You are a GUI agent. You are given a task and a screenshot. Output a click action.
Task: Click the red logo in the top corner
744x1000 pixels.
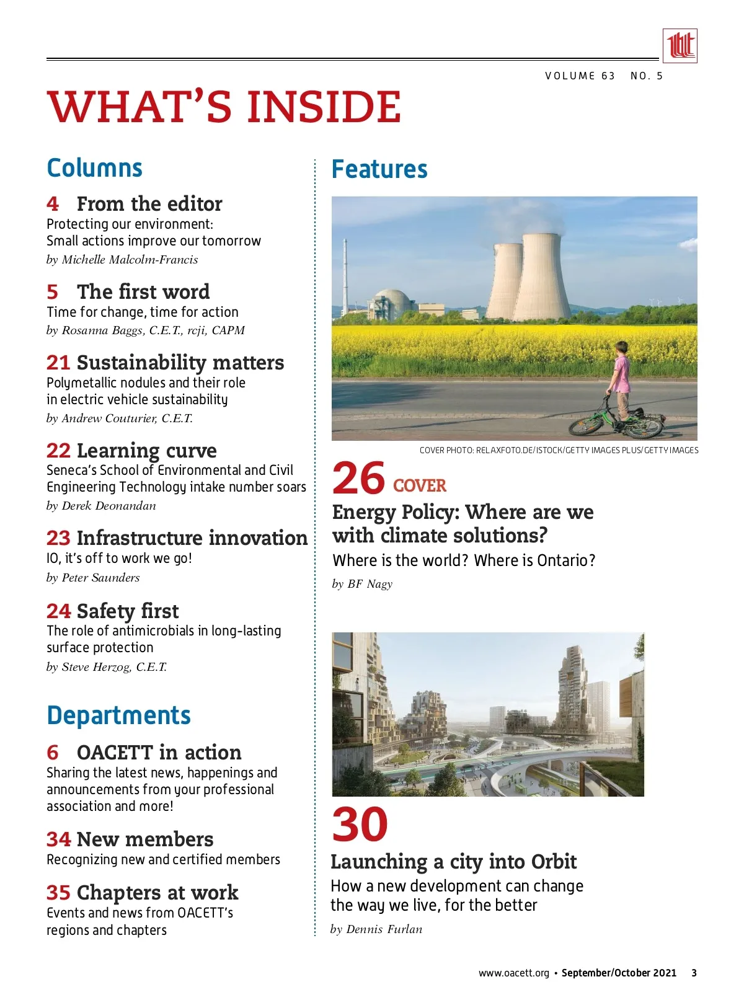680,46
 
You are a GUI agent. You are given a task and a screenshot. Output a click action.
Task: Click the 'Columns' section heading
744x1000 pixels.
95,168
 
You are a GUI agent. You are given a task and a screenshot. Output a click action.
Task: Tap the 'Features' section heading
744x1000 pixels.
379,169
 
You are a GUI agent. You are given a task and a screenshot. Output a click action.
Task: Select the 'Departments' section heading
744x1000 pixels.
118,715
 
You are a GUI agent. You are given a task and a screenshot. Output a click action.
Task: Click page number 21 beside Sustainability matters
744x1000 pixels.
58,363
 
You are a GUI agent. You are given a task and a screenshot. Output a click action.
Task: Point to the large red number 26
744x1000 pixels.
358,479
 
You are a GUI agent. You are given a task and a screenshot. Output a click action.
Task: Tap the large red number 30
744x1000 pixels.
360,825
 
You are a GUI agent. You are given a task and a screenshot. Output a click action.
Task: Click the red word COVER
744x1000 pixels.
420,485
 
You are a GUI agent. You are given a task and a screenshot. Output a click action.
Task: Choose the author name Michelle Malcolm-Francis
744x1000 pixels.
130,260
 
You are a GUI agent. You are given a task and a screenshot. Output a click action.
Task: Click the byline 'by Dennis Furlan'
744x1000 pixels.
376,929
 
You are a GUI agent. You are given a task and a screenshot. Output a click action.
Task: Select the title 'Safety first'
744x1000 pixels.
128,611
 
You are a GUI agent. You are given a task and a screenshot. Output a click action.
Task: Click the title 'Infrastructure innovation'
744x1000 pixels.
192,538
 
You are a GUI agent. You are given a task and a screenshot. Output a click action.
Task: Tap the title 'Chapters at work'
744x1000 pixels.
157,893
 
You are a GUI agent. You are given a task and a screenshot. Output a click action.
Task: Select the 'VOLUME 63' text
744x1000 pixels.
580,76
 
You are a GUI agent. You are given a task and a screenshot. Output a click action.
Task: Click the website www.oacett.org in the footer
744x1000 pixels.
513,973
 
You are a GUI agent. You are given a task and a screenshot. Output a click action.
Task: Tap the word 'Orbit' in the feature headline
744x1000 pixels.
554,862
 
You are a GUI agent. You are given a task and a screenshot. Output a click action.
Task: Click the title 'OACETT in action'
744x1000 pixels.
159,753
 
